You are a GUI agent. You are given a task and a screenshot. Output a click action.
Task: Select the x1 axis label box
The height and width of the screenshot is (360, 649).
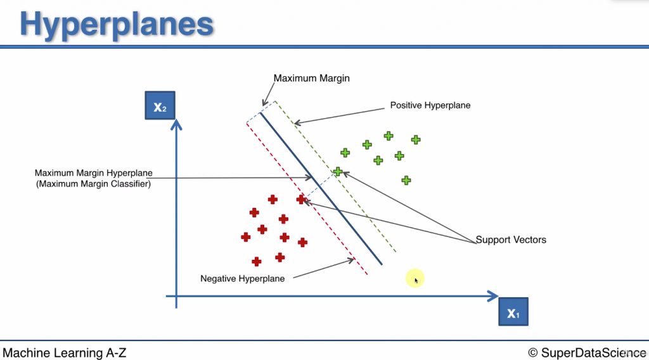pyautogui.click(x=513, y=312)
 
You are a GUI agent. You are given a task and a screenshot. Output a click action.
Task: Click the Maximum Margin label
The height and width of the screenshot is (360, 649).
pyautogui.click(x=311, y=79)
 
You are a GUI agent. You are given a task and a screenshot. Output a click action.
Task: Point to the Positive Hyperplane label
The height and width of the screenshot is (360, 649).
pyautogui.click(x=430, y=105)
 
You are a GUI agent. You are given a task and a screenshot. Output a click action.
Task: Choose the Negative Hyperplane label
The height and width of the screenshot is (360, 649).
pyautogui.click(x=242, y=278)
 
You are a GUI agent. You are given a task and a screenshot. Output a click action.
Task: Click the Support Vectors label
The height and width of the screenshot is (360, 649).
pyautogui.click(x=511, y=240)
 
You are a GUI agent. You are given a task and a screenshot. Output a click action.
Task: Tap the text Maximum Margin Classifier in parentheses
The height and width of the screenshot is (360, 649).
pyautogui.click(x=93, y=184)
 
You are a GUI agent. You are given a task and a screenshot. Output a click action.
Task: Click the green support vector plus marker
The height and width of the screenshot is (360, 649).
pyautogui.click(x=338, y=172)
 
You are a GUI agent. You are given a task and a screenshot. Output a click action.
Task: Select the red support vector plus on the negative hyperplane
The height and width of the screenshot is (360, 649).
pyautogui.click(x=301, y=200)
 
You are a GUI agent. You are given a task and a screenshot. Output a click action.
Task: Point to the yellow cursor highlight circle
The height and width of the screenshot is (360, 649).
pyautogui.click(x=414, y=278)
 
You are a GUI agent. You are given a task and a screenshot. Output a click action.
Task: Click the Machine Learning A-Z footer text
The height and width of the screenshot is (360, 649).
pyautogui.click(x=65, y=352)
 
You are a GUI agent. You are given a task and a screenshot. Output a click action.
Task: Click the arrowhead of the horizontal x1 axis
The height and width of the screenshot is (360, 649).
pyautogui.click(x=494, y=296)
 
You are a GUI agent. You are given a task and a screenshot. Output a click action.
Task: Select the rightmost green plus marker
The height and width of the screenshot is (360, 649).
pyautogui.click(x=416, y=140)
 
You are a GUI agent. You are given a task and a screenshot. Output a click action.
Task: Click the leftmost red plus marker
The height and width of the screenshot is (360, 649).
pyautogui.click(x=246, y=237)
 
